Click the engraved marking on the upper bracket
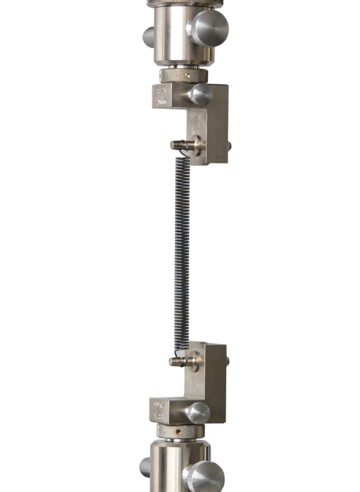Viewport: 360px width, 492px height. [x=161, y=96]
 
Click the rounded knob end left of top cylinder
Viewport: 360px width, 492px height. [x=144, y=35]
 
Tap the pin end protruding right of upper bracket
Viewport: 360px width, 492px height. [x=230, y=145]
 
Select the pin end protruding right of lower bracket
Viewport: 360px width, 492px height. [x=229, y=361]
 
